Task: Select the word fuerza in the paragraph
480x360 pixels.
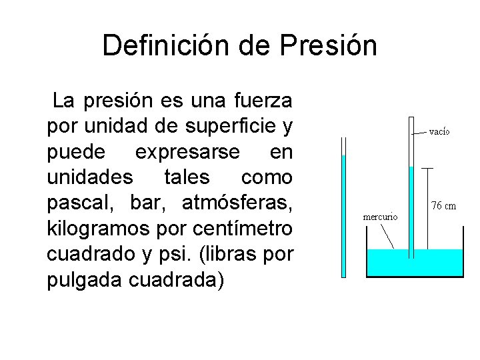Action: [263, 101]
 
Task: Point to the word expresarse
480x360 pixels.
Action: [187, 152]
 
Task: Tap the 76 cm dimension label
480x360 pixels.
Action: [443, 205]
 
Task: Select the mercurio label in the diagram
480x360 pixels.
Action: [380, 217]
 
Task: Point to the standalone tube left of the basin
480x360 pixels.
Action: [343, 213]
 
